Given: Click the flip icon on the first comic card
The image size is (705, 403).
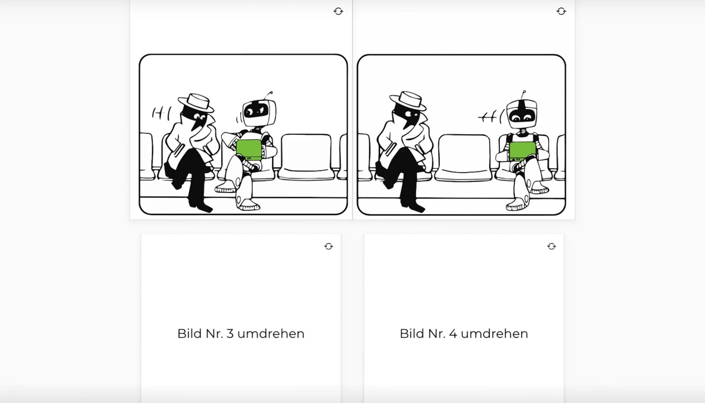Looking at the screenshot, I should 338,11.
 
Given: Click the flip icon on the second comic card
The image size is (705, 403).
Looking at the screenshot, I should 561,11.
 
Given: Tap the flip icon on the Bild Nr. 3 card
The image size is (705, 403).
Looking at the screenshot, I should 329,247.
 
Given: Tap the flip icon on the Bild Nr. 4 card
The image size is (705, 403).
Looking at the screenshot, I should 551,247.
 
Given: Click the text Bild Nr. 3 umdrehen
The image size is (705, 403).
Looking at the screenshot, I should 241,333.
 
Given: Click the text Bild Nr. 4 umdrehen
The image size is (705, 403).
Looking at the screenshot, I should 464,333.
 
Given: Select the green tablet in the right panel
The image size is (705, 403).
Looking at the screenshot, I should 523,151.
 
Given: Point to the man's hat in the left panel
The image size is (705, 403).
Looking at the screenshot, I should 196,102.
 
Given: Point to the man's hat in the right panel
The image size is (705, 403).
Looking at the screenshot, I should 408,101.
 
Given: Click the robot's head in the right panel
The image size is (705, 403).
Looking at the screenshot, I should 522,112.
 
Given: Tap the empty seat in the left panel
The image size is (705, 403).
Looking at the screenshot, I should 306,156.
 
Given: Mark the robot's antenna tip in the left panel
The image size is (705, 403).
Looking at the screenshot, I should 271,92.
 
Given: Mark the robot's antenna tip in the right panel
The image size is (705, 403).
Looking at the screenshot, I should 523,92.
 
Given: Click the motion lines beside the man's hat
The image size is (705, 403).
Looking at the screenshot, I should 161,114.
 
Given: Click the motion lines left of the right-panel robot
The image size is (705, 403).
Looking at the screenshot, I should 490,117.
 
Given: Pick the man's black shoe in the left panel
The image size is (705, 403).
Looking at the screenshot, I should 203,206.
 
